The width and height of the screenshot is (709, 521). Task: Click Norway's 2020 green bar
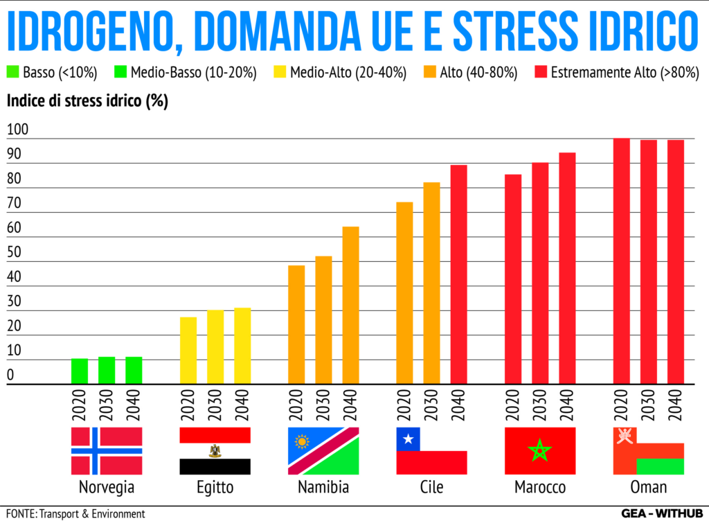[x=80, y=371]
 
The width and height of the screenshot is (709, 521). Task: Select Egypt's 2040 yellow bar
[x=242, y=346]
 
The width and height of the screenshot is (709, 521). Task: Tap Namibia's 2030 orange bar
[x=324, y=319]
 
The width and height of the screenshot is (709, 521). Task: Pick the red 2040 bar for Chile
[x=459, y=274]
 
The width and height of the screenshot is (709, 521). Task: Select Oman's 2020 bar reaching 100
[x=622, y=260]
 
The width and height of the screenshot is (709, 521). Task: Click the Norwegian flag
[x=107, y=451]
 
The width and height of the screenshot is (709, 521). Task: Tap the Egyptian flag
[x=215, y=451]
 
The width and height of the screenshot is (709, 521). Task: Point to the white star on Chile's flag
[x=408, y=439]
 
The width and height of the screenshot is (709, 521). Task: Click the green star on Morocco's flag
[x=540, y=452]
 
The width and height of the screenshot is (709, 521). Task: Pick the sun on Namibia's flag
[x=301, y=441]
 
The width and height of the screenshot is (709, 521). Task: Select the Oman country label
[x=649, y=487]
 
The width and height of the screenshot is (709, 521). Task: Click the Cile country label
[x=431, y=487]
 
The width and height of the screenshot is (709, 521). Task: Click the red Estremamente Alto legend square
[x=541, y=72]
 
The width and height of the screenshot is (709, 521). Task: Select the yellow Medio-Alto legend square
[x=279, y=72]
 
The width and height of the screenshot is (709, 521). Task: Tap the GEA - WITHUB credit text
[x=661, y=513]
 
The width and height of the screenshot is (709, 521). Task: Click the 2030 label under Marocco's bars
[x=540, y=405]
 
